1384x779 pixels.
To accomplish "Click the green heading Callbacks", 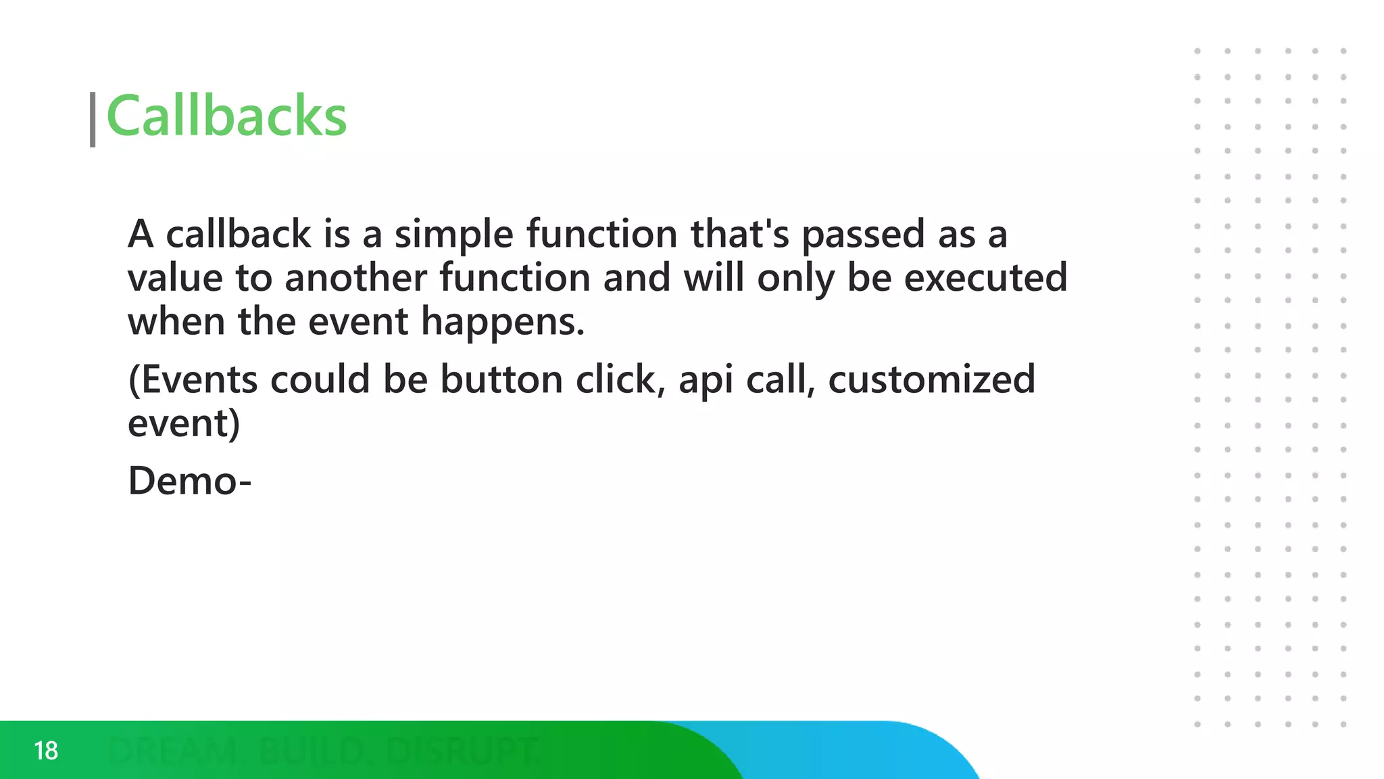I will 226,116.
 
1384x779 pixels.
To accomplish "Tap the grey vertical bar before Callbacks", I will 93,120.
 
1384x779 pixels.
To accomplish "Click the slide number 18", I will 46,751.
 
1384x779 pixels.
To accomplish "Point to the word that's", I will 739,234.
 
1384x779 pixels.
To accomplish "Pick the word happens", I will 502,323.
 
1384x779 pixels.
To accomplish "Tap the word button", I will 501,379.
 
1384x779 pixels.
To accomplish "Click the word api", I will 706,381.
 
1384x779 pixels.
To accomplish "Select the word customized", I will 931,379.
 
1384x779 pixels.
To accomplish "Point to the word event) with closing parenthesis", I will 184,424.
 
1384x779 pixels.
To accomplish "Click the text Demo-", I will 189,481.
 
